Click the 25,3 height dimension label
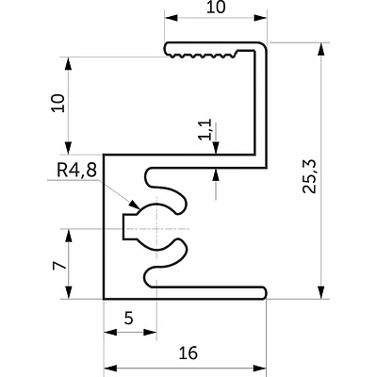(309, 176)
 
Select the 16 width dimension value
(188, 352)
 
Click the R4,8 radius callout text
(76, 172)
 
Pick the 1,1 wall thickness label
(206, 129)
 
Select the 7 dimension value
(59, 266)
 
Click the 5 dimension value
(128, 319)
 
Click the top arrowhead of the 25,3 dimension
(320, 49)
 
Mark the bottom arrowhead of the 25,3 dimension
(320, 292)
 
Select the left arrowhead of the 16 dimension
(110, 368)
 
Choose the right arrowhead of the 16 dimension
(260, 368)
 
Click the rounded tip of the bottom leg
(264, 292)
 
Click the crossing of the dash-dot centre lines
(156, 228)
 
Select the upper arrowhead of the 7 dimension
(69, 236)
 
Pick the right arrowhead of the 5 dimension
(150, 332)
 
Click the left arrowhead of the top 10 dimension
(172, 18)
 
